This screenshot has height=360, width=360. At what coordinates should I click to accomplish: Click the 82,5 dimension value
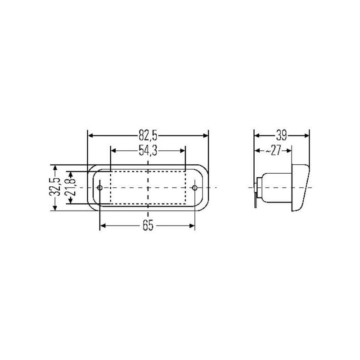148,135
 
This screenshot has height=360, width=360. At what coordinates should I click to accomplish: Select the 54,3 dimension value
148,151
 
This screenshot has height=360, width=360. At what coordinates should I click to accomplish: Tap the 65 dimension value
148,226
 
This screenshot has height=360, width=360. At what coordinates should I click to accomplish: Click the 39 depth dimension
281,135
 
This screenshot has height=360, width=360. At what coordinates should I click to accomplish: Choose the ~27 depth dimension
273,151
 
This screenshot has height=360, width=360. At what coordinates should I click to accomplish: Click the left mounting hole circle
100,188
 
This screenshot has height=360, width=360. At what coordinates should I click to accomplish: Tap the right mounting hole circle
195,188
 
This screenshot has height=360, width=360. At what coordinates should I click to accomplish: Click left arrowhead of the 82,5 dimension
90,136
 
